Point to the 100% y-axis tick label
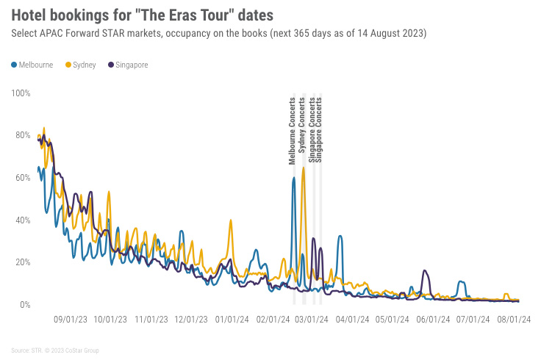point(21,93)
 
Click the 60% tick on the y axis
point(22,178)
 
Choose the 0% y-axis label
point(25,304)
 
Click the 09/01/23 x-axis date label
point(71,320)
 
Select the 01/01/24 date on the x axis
point(232,320)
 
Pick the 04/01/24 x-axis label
point(352,320)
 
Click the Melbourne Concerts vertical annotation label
point(293,130)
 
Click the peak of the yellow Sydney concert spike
point(303,168)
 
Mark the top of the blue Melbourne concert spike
point(293,178)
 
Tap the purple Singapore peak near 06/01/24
point(424,271)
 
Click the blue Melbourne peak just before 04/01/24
point(340,236)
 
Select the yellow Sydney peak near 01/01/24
point(232,220)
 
